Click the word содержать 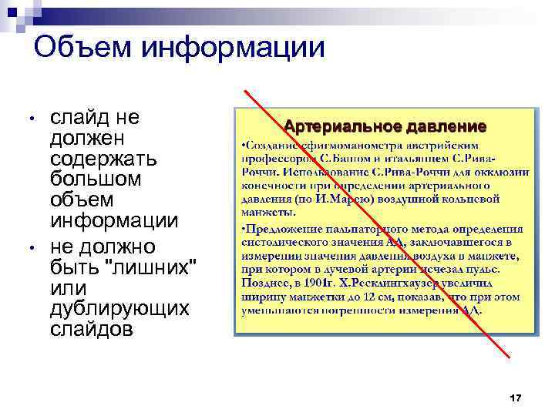pyautogui.click(x=103, y=160)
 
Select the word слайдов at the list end pyautogui.click(x=90, y=329)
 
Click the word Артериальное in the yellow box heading pyautogui.click(x=335, y=126)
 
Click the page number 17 pyautogui.click(x=516, y=398)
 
